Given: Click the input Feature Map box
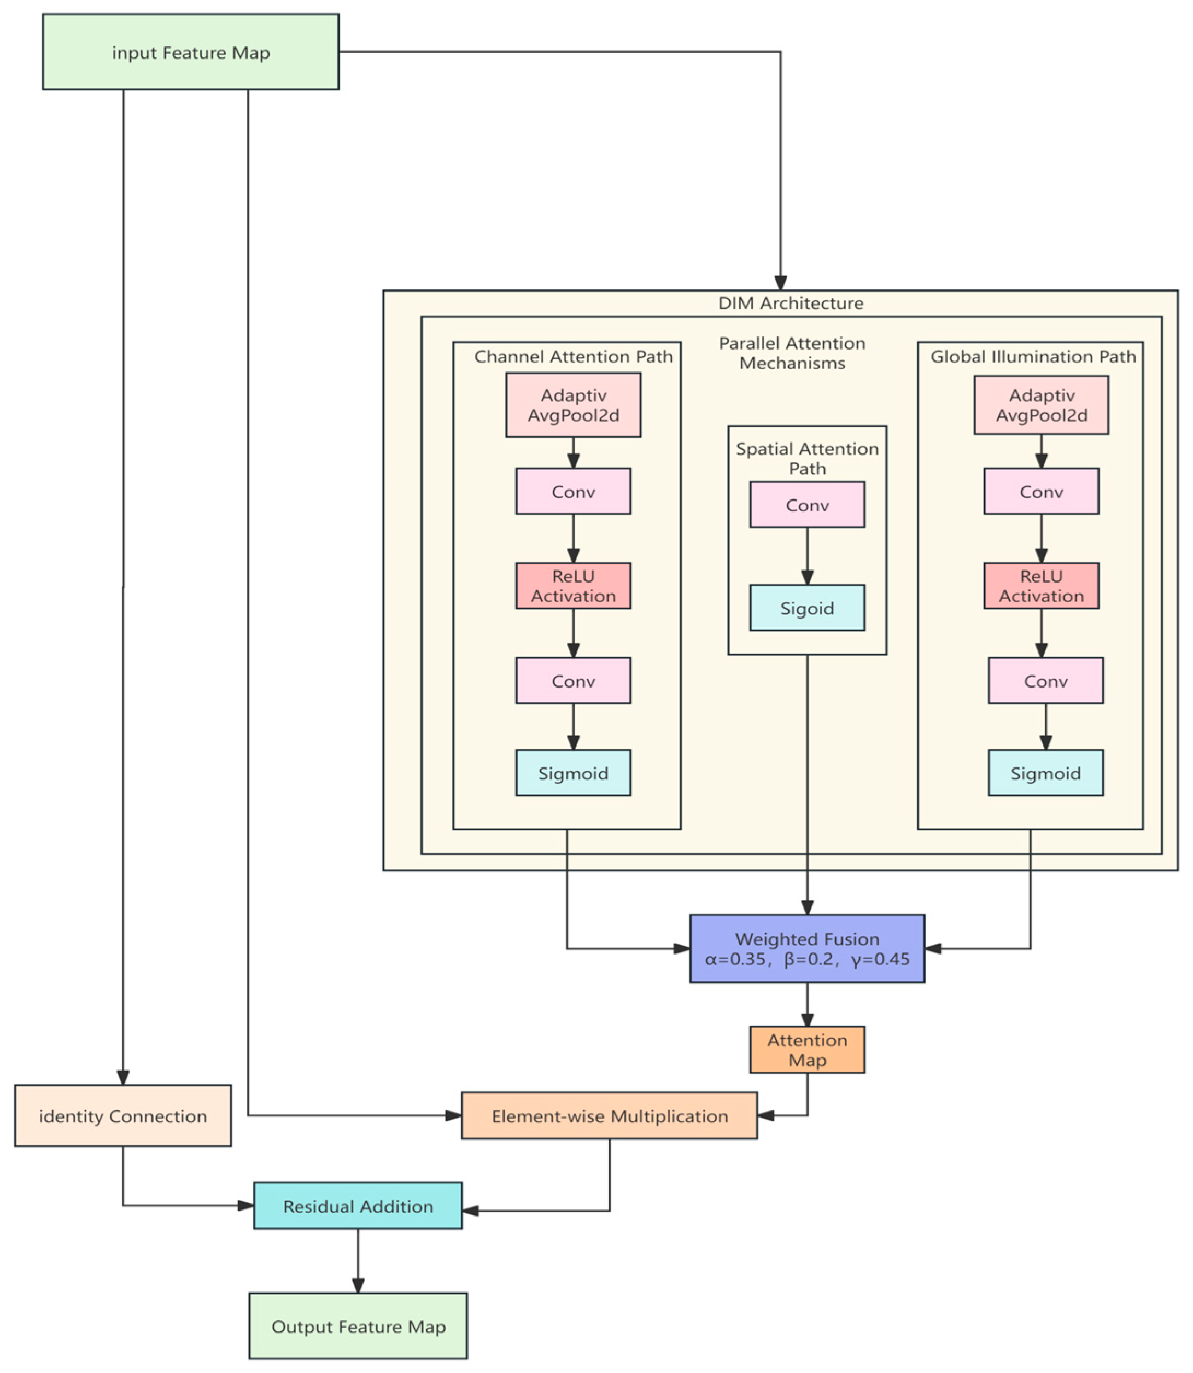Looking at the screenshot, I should (190, 52).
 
